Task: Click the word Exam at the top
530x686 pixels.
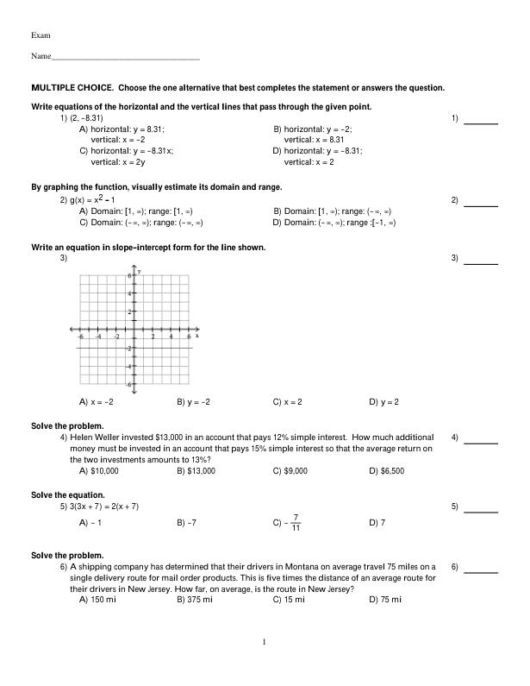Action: [40, 35]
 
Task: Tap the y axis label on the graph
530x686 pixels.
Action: [140, 271]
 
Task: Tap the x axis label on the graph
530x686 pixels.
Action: [196, 335]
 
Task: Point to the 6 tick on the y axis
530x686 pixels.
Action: [130, 275]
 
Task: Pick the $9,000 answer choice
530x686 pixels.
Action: [294, 471]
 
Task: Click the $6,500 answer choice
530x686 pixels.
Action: [390, 471]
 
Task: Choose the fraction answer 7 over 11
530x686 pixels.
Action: [296, 523]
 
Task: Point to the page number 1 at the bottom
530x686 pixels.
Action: [265, 642]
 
